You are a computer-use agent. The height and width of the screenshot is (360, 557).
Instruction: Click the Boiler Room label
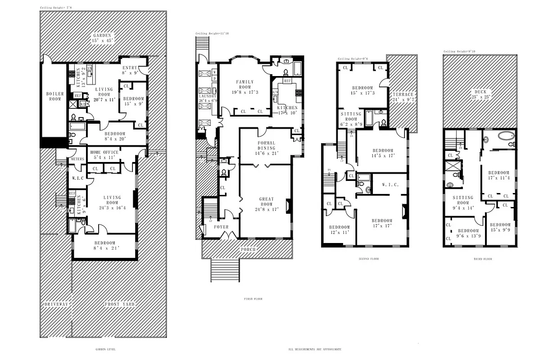tap(55, 96)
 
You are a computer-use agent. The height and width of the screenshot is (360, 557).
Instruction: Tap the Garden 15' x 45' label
tap(102, 38)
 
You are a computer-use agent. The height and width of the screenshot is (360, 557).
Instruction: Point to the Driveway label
tap(56, 304)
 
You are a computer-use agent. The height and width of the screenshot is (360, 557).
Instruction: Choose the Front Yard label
tap(120, 304)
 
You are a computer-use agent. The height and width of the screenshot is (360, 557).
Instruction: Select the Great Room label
tap(266, 202)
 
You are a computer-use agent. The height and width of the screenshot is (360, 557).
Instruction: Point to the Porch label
tap(248, 249)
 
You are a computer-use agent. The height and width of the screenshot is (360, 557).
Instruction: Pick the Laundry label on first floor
tap(207, 99)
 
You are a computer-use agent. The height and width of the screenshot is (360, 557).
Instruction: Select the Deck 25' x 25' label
tap(480, 94)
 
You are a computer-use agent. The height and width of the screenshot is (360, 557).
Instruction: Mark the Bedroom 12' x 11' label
tap(339, 230)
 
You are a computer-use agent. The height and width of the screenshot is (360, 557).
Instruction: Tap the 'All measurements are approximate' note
tap(315, 349)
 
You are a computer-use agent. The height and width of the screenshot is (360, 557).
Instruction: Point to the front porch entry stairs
tap(225, 270)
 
